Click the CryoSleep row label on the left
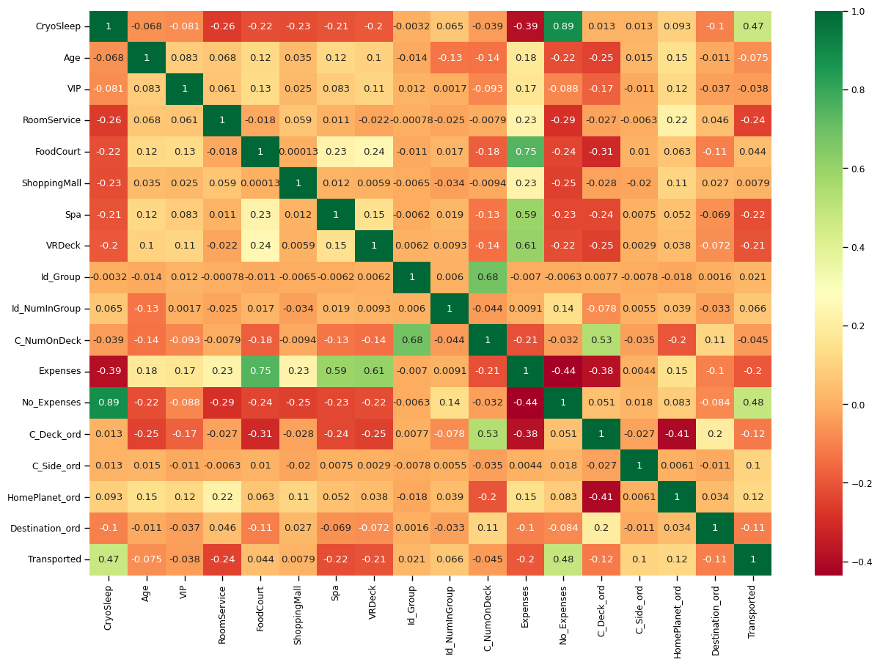pos(59,26)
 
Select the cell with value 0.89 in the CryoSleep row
pos(563,26)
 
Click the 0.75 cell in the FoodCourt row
pos(525,152)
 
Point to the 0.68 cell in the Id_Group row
pos(487,277)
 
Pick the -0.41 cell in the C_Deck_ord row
pos(676,434)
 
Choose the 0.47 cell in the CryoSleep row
pos(752,26)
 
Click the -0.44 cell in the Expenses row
pos(563,371)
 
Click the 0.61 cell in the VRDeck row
pos(525,246)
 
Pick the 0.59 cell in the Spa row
pos(525,215)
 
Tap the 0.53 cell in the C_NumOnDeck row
pos(601,339)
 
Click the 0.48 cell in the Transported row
pos(563,559)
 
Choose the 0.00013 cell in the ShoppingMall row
pos(260,183)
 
